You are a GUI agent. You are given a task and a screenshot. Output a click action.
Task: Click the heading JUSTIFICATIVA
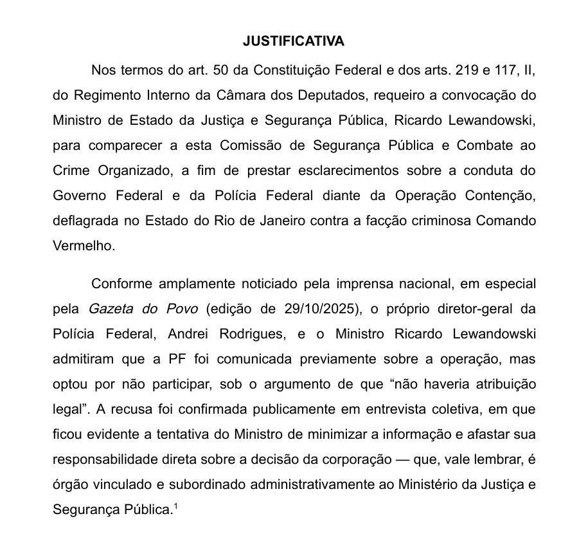[294, 41]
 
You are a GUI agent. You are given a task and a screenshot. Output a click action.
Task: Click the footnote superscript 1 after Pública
[175, 507]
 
